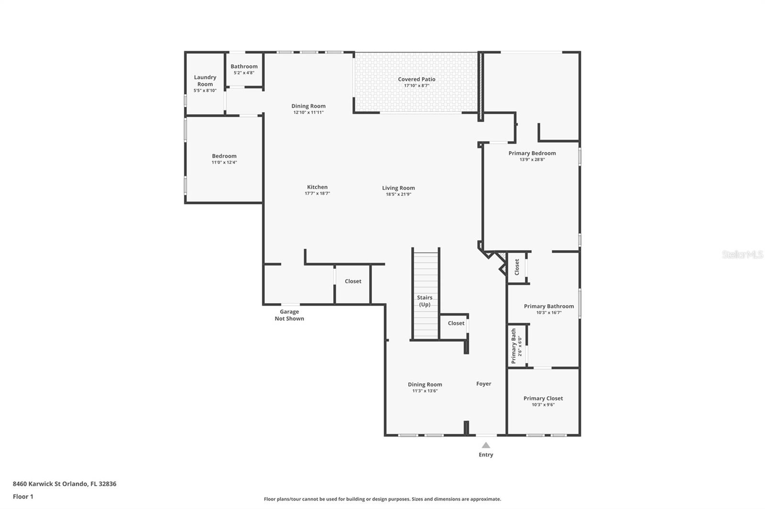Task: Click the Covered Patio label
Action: click(x=416, y=79)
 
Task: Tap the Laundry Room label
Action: click(x=205, y=81)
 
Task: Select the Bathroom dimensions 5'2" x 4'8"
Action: click(x=244, y=73)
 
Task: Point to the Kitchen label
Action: click(x=317, y=187)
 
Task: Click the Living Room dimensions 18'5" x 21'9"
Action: click(x=398, y=194)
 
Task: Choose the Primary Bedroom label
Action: click(x=532, y=153)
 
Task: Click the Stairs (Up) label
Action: click(x=425, y=301)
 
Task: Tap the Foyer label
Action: click(x=483, y=384)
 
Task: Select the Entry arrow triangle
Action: click(x=486, y=445)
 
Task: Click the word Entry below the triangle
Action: click(x=486, y=455)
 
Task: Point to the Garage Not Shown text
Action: click(x=289, y=315)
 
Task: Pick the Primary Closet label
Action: click(x=543, y=398)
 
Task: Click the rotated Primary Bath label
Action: click(x=514, y=346)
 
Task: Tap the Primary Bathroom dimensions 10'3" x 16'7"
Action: click(x=549, y=312)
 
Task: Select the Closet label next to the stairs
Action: click(x=456, y=323)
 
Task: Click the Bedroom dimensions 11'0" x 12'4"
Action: click(x=224, y=162)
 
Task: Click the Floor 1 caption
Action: click(x=23, y=497)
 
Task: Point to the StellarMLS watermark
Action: click(x=743, y=254)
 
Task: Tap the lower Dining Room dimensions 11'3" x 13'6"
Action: click(x=425, y=391)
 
